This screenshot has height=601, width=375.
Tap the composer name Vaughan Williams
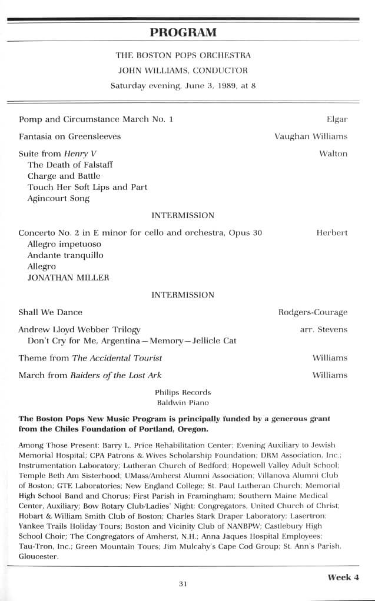(x=311, y=136)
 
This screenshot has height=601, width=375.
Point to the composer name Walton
(x=333, y=153)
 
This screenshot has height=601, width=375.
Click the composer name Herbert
(x=331, y=232)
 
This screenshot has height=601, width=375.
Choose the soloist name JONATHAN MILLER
(x=68, y=278)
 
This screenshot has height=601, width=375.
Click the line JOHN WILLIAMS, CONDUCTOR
(x=183, y=70)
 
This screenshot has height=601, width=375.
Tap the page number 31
(x=182, y=584)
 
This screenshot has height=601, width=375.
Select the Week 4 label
(x=343, y=577)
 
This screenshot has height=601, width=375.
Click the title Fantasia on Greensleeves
(x=69, y=136)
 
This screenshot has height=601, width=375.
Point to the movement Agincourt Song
(x=58, y=199)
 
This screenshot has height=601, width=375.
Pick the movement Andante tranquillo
(x=65, y=255)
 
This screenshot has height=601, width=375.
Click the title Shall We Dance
(x=50, y=312)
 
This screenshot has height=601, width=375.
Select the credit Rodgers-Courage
(x=313, y=312)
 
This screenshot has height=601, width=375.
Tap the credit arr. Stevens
(x=324, y=329)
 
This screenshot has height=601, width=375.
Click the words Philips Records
(x=182, y=392)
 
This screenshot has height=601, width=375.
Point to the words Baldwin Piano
(x=182, y=403)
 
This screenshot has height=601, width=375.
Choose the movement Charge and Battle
(x=64, y=176)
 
